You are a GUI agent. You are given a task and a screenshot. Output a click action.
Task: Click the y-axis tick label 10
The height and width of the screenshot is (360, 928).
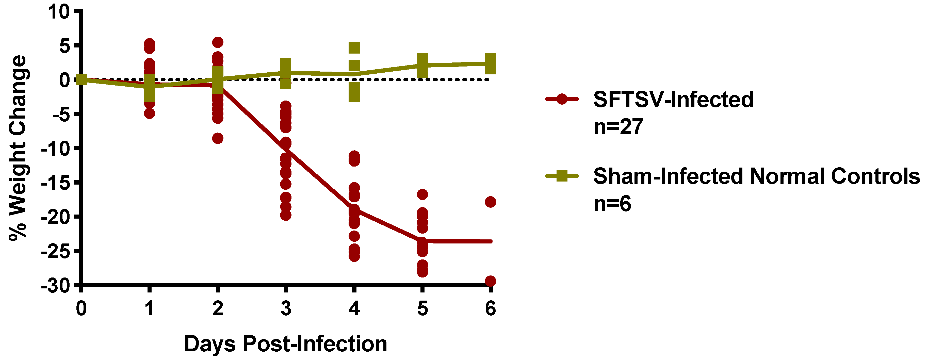point(58,12)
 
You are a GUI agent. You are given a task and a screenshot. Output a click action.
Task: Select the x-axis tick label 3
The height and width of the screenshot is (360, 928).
point(286,308)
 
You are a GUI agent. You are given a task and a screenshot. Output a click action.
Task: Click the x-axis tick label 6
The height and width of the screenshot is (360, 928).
point(490,308)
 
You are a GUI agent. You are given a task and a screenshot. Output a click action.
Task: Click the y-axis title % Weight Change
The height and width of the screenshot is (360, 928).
point(18,148)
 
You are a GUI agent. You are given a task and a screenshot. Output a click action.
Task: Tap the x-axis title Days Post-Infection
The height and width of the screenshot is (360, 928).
point(286,344)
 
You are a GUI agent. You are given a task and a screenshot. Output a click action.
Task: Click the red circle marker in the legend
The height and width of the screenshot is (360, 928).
point(562,99)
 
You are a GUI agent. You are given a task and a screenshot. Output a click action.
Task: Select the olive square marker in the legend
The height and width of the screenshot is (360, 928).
point(562,176)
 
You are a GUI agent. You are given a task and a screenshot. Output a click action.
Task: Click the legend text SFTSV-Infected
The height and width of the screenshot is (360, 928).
point(673,100)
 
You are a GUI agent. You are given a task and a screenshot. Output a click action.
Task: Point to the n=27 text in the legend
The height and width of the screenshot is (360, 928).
point(618,127)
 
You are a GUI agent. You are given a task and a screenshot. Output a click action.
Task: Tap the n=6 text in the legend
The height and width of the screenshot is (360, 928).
point(612,204)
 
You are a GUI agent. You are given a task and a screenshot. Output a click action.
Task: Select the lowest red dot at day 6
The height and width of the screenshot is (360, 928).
point(490,281)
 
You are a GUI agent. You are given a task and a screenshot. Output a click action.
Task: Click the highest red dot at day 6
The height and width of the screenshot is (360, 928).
point(490,202)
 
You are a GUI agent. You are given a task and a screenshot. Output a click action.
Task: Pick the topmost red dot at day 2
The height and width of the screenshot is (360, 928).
point(218,42)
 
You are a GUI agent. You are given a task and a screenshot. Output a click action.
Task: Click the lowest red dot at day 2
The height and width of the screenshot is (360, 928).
point(218,138)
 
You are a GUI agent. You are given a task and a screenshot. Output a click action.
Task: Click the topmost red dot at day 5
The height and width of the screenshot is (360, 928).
point(422,194)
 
